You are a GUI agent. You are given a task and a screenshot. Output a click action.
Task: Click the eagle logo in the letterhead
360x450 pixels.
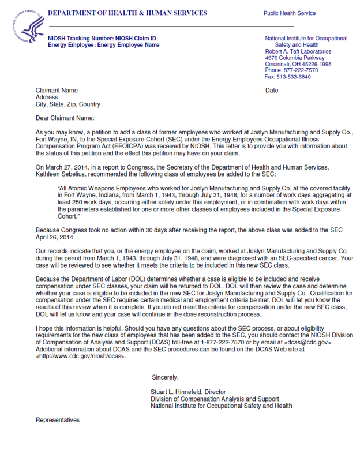[28, 27]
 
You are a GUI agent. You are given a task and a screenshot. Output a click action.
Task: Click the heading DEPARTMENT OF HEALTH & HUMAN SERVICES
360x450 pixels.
[127, 13]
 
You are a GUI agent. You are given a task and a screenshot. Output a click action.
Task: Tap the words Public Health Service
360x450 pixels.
[290, 13]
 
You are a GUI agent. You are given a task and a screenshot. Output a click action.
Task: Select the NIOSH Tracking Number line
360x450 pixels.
[102, 39]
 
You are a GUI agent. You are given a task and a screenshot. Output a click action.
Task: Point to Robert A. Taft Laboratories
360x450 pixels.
[298, 51]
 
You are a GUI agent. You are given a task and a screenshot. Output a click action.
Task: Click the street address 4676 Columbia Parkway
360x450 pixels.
[294, 58]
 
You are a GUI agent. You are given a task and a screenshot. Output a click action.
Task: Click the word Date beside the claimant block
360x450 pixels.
[272, 91]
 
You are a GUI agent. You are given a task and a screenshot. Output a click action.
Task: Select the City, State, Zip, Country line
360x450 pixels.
[68, 104]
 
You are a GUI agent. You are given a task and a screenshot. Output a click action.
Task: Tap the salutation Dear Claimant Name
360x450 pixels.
[65, 118]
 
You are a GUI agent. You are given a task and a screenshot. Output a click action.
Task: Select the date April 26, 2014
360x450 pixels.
[55, 237]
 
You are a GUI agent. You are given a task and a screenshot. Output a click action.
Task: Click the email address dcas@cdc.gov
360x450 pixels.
[312, 343]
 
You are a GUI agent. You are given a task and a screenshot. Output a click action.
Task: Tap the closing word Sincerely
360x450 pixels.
[166, 377]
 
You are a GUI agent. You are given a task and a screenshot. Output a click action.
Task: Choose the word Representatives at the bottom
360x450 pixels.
[58, 420]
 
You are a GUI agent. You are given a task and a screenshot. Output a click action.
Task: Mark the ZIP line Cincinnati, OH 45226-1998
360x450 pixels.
[298, 64]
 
